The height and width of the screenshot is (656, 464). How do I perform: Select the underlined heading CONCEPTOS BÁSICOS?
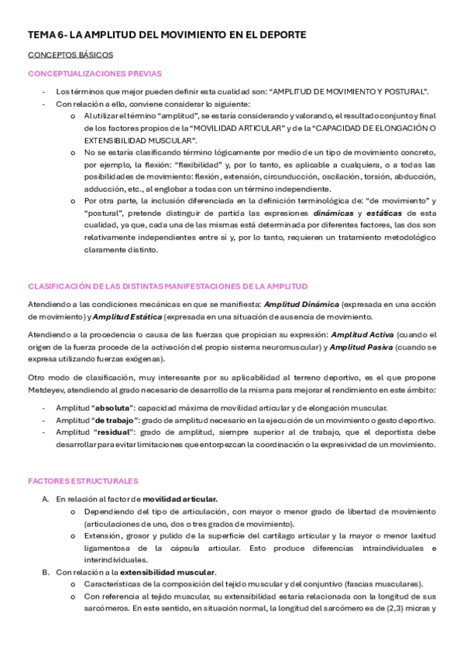click(70, 55)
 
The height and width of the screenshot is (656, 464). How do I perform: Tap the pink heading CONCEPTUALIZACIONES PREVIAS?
click(95, 73)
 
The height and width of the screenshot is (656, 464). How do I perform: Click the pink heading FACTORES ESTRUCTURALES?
click(83, 480)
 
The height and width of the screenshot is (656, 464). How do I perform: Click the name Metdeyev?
click(48, 390)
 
